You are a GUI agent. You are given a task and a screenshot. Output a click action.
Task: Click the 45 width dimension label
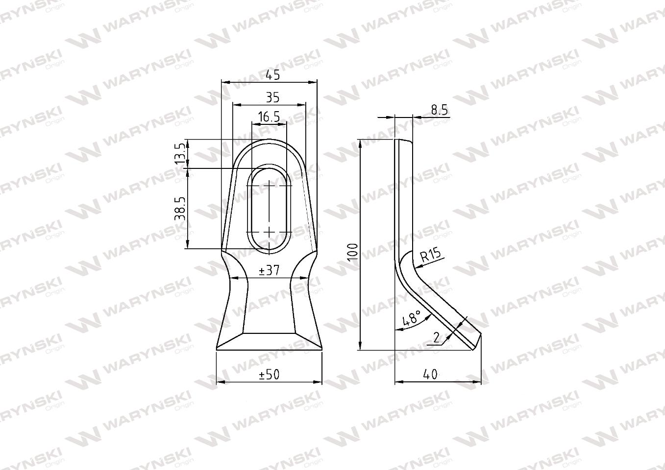coord(272,75)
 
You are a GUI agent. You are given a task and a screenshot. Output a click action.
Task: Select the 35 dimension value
coord(272,97)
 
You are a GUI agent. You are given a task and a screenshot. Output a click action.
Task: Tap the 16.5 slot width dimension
coord(269,117)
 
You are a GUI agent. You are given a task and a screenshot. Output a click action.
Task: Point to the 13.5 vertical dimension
coord(181,153)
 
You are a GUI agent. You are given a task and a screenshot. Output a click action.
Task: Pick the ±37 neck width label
coord(269,270)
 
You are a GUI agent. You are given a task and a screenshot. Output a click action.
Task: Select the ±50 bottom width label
coord(269,375)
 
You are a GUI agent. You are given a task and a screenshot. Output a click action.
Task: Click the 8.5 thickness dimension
coord(440,110)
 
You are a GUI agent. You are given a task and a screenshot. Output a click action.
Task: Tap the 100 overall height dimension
coord(353,252)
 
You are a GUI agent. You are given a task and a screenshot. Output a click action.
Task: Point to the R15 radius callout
coord(431,255)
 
